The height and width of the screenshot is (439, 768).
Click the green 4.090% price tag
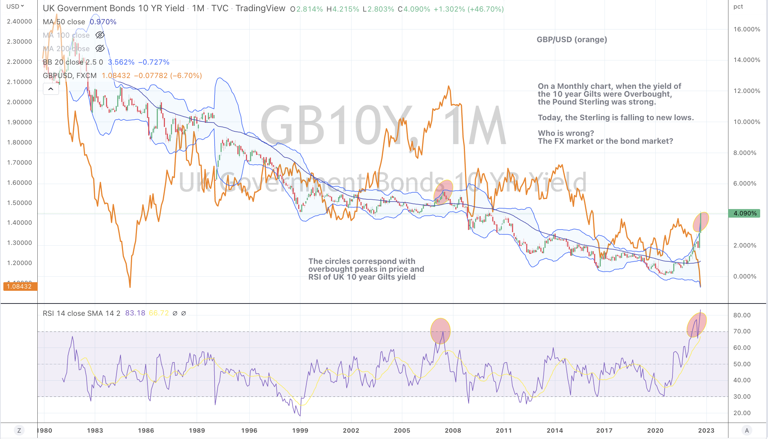click(x=744, y=213)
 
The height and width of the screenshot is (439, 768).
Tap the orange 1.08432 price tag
click(x=20, y=286)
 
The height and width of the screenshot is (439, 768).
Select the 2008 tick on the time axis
click(x=453, y=430)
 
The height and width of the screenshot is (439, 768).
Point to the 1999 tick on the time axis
click(x=300, y=430)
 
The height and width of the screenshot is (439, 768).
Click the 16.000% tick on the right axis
click(x=746, y=29)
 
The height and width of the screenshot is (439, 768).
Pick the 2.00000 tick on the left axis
click(x=19, y=102)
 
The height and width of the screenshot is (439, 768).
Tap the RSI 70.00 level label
click(x=742, y=331)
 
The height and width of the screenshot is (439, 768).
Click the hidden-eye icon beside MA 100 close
click(x=100, y=35)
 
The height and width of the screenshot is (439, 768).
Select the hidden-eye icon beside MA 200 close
click(x=100, y=49)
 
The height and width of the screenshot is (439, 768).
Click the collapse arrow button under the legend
click(x=51, y=89)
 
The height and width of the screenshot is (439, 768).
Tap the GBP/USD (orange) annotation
click(x=572, y=40)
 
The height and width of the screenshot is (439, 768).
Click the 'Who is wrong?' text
click(x=566, y=133)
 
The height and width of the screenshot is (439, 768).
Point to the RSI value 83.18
click(x=135, y=313)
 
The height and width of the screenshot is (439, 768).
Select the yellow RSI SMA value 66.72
click(x=159, y=313)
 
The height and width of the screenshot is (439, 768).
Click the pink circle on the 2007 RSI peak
click(x=440, y=331)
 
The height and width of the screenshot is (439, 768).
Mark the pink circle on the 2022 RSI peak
click(x=696, y=325)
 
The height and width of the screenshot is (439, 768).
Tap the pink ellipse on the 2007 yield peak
click(x=443, y=191)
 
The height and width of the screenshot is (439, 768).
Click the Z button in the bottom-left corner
click(x=19, y=430)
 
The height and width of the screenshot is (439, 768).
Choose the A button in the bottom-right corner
click(x=747, y=430)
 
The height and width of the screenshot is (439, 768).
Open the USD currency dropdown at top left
click(x=15, y=6)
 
